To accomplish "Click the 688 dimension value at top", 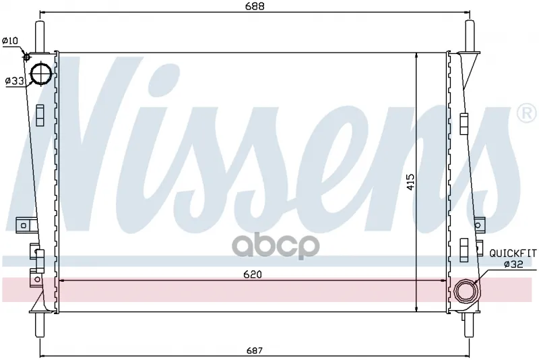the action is click(x=255, y=6).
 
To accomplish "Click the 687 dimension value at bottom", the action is click(x=255, y=351).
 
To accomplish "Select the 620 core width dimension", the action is click(x=253, y=274).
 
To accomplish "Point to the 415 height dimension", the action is click(x=411, y=182).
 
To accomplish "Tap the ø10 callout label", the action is click(x=10, y=40).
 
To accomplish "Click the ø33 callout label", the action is click(x=14, y=81).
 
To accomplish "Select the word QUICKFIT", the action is click(x=513, y=253).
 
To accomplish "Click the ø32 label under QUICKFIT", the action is click(x=513, y=264).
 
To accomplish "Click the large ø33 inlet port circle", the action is click(x=41, y=73).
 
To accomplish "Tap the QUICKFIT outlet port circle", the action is click(x=466, y=291).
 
